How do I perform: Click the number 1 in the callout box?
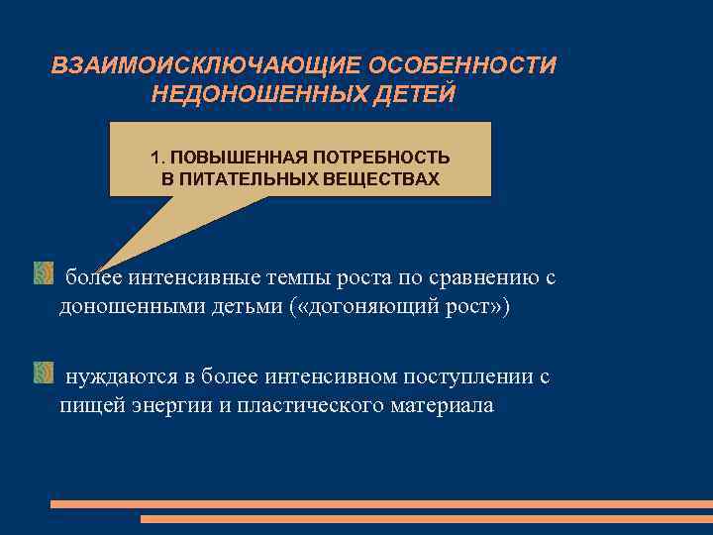click(154, 158)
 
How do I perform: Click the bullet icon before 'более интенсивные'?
click(43, 271)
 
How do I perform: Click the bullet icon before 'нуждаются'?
click(43, 373)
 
